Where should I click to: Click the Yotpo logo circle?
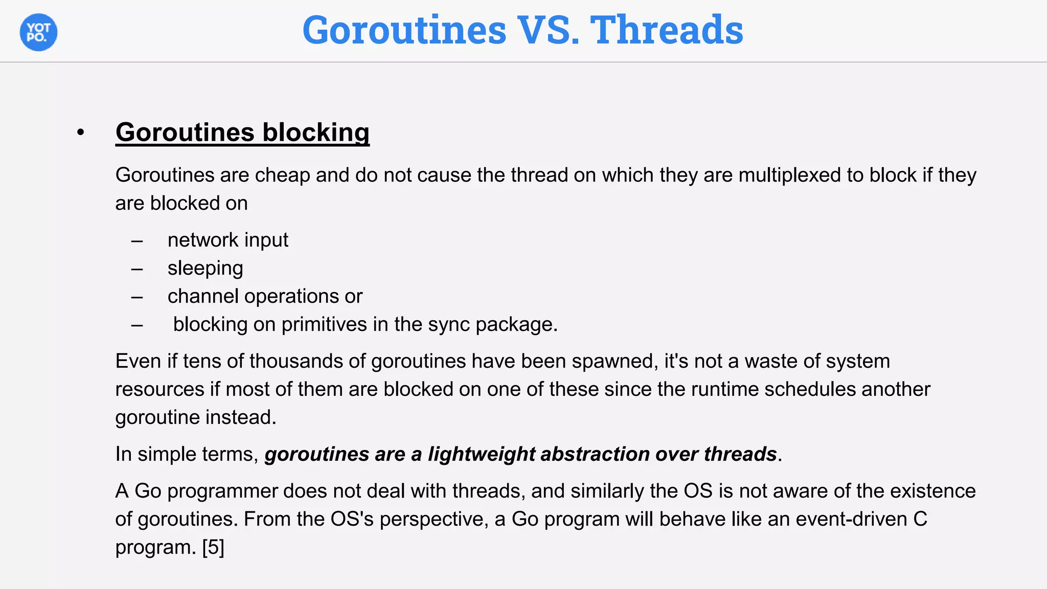click(38, 32)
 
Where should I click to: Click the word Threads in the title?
click(667, 30)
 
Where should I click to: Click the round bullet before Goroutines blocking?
click(80, 133)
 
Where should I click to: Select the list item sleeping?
click(205, 268)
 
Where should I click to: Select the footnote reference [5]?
click(213, 548)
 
